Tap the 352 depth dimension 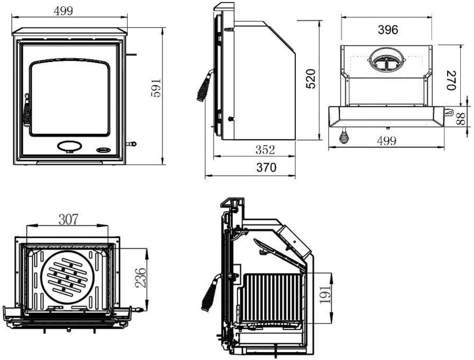point(265,150)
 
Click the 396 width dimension point(388,29)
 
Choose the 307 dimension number point(68,220)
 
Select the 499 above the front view point(64,11)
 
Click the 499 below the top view point(386,141)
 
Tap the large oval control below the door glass point(69,146)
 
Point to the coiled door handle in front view point(27,111)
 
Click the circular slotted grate point(68,276)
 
